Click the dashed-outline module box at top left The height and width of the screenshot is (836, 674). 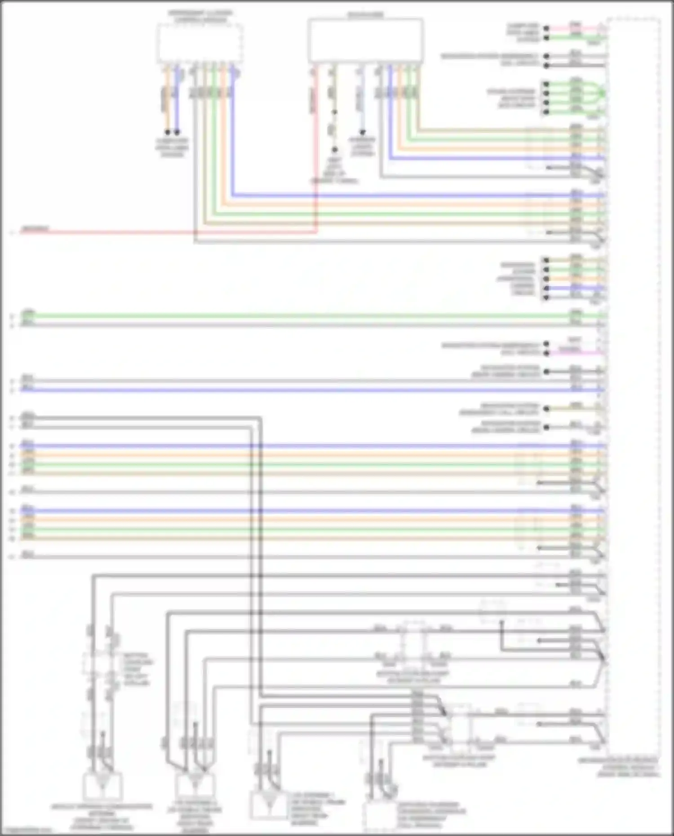[200, 43]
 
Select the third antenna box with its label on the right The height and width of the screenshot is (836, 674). [268, 804]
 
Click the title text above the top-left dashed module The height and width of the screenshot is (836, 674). [200, 17]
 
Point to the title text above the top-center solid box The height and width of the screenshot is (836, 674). [365, 15]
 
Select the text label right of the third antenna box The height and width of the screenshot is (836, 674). [317, 809]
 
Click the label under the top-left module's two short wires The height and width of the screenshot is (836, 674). [172, 147]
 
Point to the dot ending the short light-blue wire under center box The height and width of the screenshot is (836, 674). [362, 133]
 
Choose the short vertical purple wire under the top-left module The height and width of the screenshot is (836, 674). [177, 99]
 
